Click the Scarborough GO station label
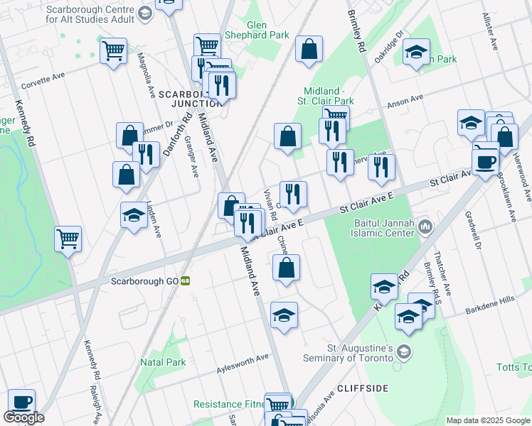click(x=144, y=280)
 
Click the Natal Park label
click(x=163, y=362)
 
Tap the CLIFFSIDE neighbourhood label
click(x=362, y=388)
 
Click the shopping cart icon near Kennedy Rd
click(x=68, y=239)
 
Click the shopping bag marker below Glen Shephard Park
click(x=309, y=50)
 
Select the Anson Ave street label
click(x=405, y=102)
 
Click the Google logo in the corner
click(x=23, y=417)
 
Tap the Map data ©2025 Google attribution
click(x=488, y=420)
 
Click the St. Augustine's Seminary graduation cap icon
click(x=403, y=352)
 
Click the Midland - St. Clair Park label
click(x=328, y=96)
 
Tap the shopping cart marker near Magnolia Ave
click(x=114, y=50)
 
